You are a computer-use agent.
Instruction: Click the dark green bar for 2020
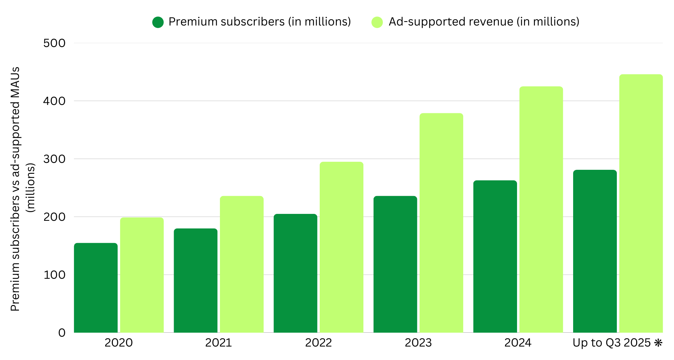(96, 288)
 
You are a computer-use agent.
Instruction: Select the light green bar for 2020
(142, 275)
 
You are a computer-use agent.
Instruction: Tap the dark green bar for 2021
(196, 281)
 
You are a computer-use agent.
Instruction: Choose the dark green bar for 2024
(495, 257)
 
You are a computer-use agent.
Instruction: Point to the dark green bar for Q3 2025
(595, 251)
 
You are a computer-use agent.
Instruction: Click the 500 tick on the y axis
(54, 43)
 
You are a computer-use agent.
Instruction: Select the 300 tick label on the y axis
(54, 159)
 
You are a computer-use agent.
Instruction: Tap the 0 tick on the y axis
(62, 333)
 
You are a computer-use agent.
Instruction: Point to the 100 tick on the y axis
(54, 275)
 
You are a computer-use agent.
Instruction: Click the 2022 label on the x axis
(318, 343)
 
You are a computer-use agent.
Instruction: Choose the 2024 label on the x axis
(518, 343)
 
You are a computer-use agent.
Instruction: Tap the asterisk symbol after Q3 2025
(658, 343)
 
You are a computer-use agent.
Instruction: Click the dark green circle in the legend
(158, 22)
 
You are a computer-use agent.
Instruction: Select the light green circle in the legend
(377, 22)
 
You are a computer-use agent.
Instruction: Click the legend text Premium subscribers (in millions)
(260, 22)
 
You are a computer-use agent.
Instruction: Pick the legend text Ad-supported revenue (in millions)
(484, 22)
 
